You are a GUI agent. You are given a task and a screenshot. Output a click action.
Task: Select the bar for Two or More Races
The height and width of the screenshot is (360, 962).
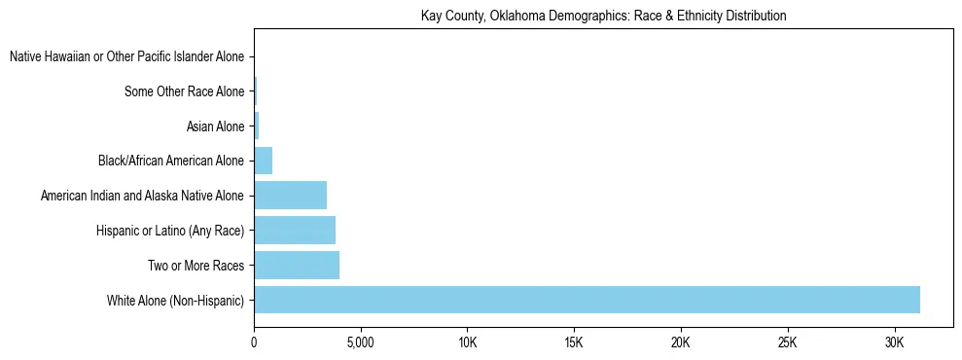pyautogui.click(x=297, y=265)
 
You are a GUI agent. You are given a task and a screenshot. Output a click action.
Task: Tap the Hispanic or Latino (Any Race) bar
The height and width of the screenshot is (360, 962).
pyautogui.click(x=295, y=230)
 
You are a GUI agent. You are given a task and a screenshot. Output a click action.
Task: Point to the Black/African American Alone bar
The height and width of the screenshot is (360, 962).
pyautogui.click(x=263, y=161)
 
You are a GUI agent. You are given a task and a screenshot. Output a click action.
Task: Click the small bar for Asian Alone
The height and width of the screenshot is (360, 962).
pyautogui.click(x=257, y=126)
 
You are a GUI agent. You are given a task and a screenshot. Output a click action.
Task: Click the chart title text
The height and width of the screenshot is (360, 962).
pyautogui.click(x=603, y=17)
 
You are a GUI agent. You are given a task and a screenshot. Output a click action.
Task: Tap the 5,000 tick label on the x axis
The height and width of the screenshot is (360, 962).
pyautogui.click(x=360, y=343)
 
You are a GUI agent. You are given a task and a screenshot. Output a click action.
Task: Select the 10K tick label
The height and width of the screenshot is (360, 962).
pyautogui.click(x=467, y=343)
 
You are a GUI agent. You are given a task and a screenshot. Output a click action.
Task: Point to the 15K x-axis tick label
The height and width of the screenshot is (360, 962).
pyautogui.click(x=574, y=343)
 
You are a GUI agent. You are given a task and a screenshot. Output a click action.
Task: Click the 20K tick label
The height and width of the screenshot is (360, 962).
pyautogui.click(x=681, y=343)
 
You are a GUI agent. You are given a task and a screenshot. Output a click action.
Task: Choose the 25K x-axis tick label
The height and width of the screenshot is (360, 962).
pyautogui.click(x=787, y=343)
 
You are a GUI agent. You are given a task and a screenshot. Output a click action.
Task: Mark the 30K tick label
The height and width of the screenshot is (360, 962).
pyautogui.click(x=894, y=343)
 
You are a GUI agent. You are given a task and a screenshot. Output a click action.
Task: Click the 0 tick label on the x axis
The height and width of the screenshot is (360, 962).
pyautogui.click(x=254, y=343)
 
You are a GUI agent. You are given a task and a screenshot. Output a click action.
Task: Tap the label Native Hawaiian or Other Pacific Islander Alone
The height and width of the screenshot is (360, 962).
pyautogui.click(x=126, y=57)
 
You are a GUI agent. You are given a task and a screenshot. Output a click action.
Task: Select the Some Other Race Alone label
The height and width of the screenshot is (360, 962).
pyautogui.click(x=184, y=92)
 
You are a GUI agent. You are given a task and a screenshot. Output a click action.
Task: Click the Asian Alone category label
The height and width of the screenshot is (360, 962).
pyautogui.click(x=214, y=126)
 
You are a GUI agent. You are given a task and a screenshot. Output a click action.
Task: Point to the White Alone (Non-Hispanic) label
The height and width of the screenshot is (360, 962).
pyautogui.click(x=175, y=300)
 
